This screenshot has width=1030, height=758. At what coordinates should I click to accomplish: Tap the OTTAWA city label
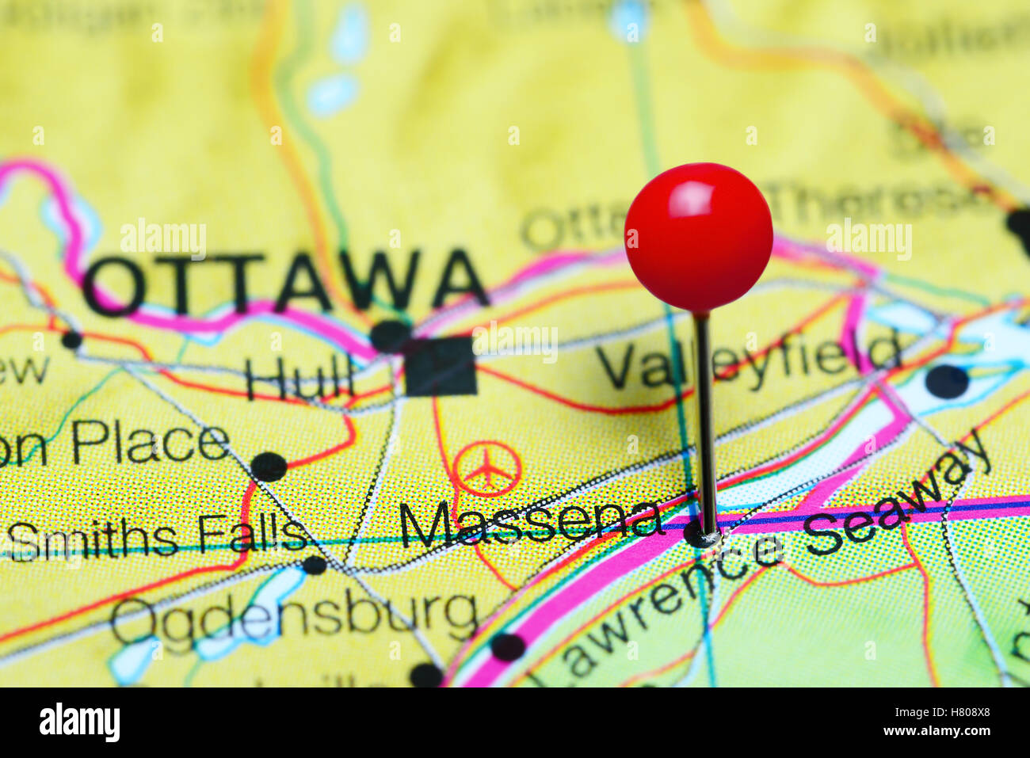click(x=285, y=283)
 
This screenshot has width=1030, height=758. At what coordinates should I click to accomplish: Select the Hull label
click(x=299, y=379)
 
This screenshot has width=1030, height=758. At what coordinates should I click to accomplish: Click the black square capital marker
click(x=441, y=365)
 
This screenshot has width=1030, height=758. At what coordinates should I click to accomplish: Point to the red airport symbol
click(x=488, y=469)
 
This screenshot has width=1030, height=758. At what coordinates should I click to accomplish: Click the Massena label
click(x=530, y=524)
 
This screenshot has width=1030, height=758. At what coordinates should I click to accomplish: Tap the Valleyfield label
click(x=748, y=361)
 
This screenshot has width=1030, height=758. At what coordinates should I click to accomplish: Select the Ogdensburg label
click(x=294, y=616)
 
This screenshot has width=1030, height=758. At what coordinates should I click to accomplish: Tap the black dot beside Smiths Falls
click(x=315, y=565)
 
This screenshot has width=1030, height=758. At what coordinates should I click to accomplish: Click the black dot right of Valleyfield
click(x=946, y=381)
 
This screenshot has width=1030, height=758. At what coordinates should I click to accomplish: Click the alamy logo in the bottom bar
click(x=79, y=722)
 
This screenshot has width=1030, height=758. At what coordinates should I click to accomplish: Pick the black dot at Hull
click(x=390, y=337)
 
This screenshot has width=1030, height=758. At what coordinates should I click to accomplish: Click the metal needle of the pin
click(x=704, y=420)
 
